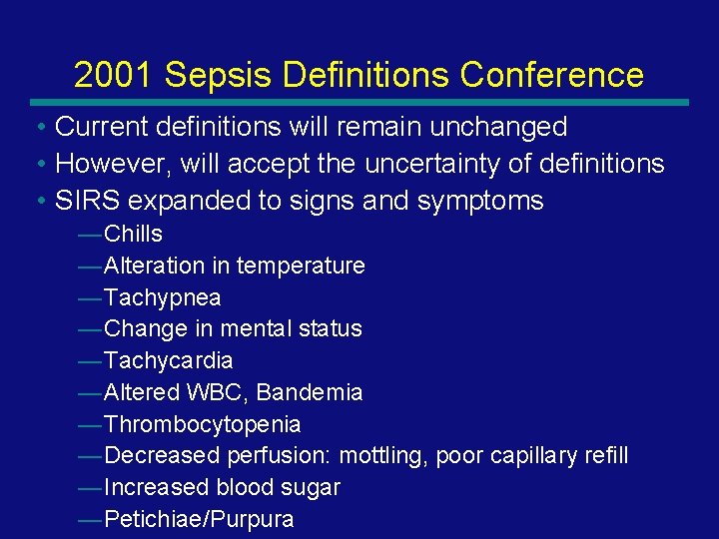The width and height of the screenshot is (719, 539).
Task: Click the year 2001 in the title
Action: pyautogui.click(x=114, y=75)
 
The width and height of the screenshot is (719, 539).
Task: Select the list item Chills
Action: pyautogui.click(x=133, y=234)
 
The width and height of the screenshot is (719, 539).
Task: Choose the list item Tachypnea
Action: pyautogui.click(x=162, y=297)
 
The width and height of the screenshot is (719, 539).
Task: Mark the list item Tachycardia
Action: pyautogui.click(x=168, y=360)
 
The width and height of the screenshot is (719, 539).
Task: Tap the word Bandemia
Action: pyautogui.click(x=310, y=392)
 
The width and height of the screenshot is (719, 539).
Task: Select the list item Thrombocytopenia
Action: pyautogui.click(x=202, y=424)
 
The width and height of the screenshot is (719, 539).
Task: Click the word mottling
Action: pyautogui.click(x=380, y=456)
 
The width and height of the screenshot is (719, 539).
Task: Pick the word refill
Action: pyautogui.click(x=601, y=456)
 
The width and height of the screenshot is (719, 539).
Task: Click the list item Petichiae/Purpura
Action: pyautogui.click(x=199, y=520)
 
